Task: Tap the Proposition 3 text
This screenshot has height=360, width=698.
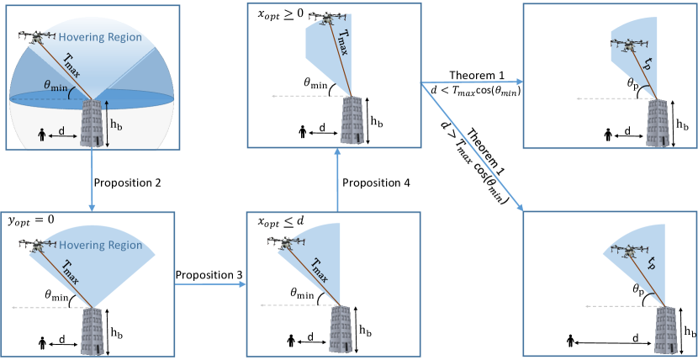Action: [209, 274]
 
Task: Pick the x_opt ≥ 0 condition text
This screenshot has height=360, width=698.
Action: [272, 14]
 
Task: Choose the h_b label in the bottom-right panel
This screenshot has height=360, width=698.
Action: [688, 330]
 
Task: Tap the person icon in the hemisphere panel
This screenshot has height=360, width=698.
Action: [45, 135]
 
